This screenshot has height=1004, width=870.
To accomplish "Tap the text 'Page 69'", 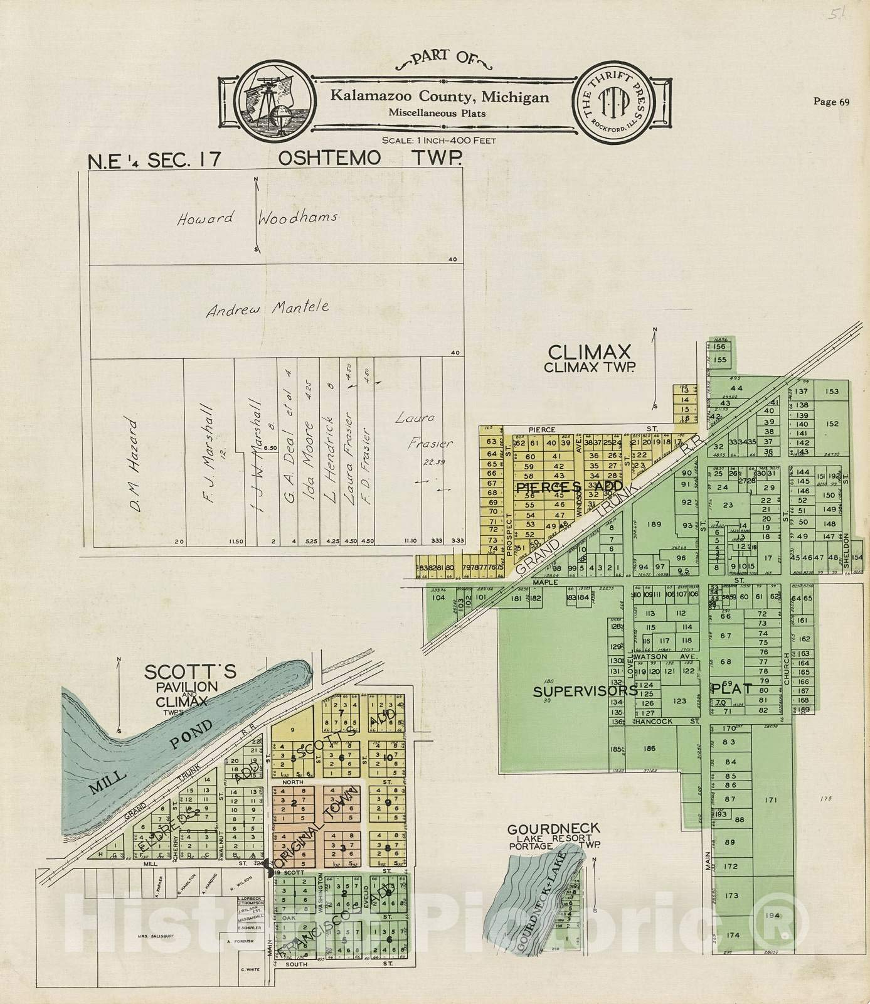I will (x=831, y=102).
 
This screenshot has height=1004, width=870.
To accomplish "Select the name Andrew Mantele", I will (x=268, y=309).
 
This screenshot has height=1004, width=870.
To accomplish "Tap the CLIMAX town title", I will (x=589, y=351).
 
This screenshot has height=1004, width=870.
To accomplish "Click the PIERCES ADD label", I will (x=569, y=486).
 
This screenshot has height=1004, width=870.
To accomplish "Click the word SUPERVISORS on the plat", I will (x=585, y=691).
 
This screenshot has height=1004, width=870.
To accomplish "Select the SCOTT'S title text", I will (x=190, y=672).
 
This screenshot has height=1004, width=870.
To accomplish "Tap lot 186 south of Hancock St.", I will (x=649, y=749).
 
